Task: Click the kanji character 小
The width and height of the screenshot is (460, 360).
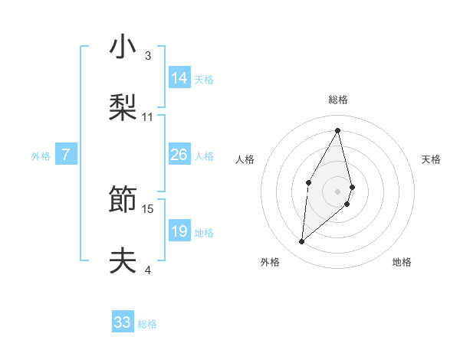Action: pyautogui.click(x=122, y=47)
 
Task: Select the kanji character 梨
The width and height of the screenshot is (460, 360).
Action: pyautogui.click(x=122, y=108)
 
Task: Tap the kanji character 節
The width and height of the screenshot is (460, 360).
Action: pyautogui.click(x=122, y=200)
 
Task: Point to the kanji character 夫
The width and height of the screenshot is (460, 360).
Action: pyautogui.click(x=122, y=261)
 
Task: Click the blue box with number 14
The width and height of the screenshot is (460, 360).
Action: pyautogui.click(x=179, y=78)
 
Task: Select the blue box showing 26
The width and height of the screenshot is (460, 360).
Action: pyautogui.click(x=179, y=155)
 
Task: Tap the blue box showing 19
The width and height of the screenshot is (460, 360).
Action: pyautogui.click(x=179, y=231)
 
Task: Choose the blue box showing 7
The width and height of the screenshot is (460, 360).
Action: pyautogui.click(x=66, y=155)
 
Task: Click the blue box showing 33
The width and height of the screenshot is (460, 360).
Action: pyautogui.click(x=122, y=322)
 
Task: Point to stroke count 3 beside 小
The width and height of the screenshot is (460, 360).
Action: pyautogui.click(x=147, y=56)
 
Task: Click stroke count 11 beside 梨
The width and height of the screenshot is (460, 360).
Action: pyautogui.click(x=148, y=117)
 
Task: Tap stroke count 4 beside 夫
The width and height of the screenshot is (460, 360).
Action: pyautogui.click(x=147, y=270)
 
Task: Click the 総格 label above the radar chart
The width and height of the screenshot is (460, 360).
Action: pyautogui.click(x=338, y=100)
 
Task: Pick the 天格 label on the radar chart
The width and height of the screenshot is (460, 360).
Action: pyautogui.click(x=432, y=159)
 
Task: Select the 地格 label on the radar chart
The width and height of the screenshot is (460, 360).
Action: pyautogui.click(x=402, y=262)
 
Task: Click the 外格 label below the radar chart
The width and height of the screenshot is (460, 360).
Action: pyautogui.click(x=270, y=262)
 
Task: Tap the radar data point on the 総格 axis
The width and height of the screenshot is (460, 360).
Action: pyautogui.click(x=338, y=129)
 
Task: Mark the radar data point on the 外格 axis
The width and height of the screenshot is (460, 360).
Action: pyautogui.click(x=302, y=242)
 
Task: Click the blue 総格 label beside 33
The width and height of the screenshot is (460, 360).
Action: pyautogui.click(x=147, y=324)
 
